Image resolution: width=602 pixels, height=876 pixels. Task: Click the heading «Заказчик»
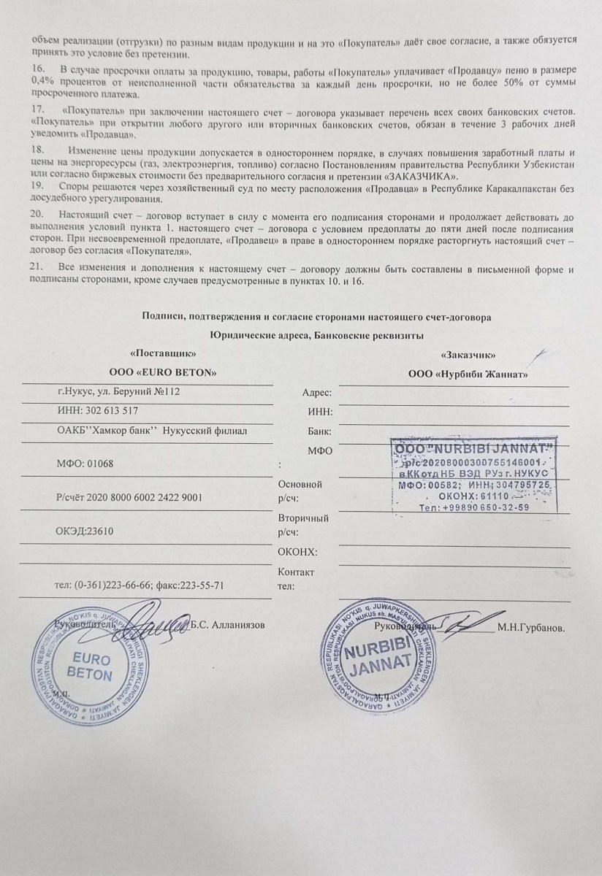point(470,355)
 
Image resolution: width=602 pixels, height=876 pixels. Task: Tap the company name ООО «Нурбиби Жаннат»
point(468,374)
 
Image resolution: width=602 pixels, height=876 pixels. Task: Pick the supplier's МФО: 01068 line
point(85,464)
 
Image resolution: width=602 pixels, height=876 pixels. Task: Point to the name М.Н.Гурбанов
point(531,626)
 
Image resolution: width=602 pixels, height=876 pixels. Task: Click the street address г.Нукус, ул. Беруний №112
point(118,392)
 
